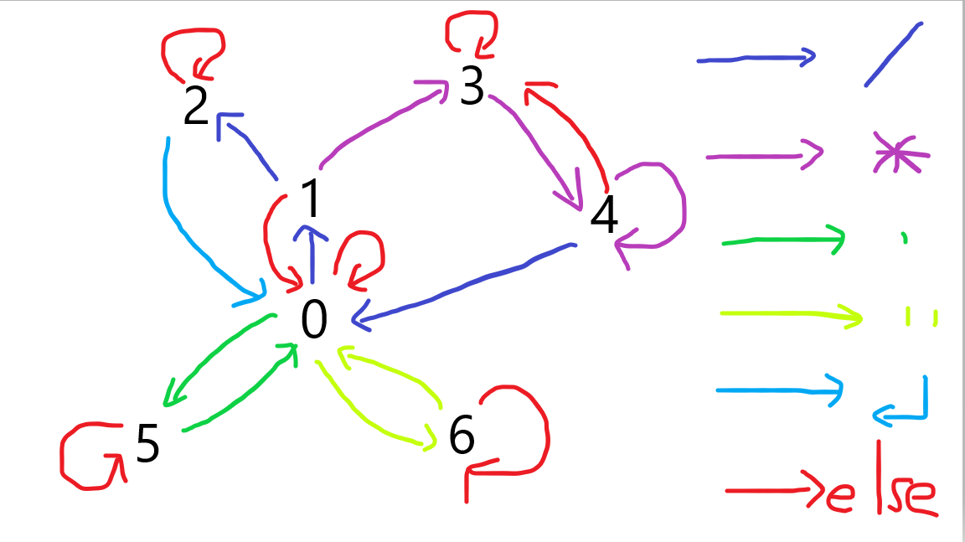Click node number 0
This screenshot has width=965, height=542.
(313, 320)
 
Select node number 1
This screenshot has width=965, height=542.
(311, 199)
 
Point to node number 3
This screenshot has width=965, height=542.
(472, 86)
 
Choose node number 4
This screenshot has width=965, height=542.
(604, 216)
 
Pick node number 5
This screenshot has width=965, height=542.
(147, 444)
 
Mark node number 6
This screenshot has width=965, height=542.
(462, 435)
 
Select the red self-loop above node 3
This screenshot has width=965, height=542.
(472, 33)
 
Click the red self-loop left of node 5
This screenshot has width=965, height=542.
(84, 457)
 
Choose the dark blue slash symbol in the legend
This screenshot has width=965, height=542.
(894, 54)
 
